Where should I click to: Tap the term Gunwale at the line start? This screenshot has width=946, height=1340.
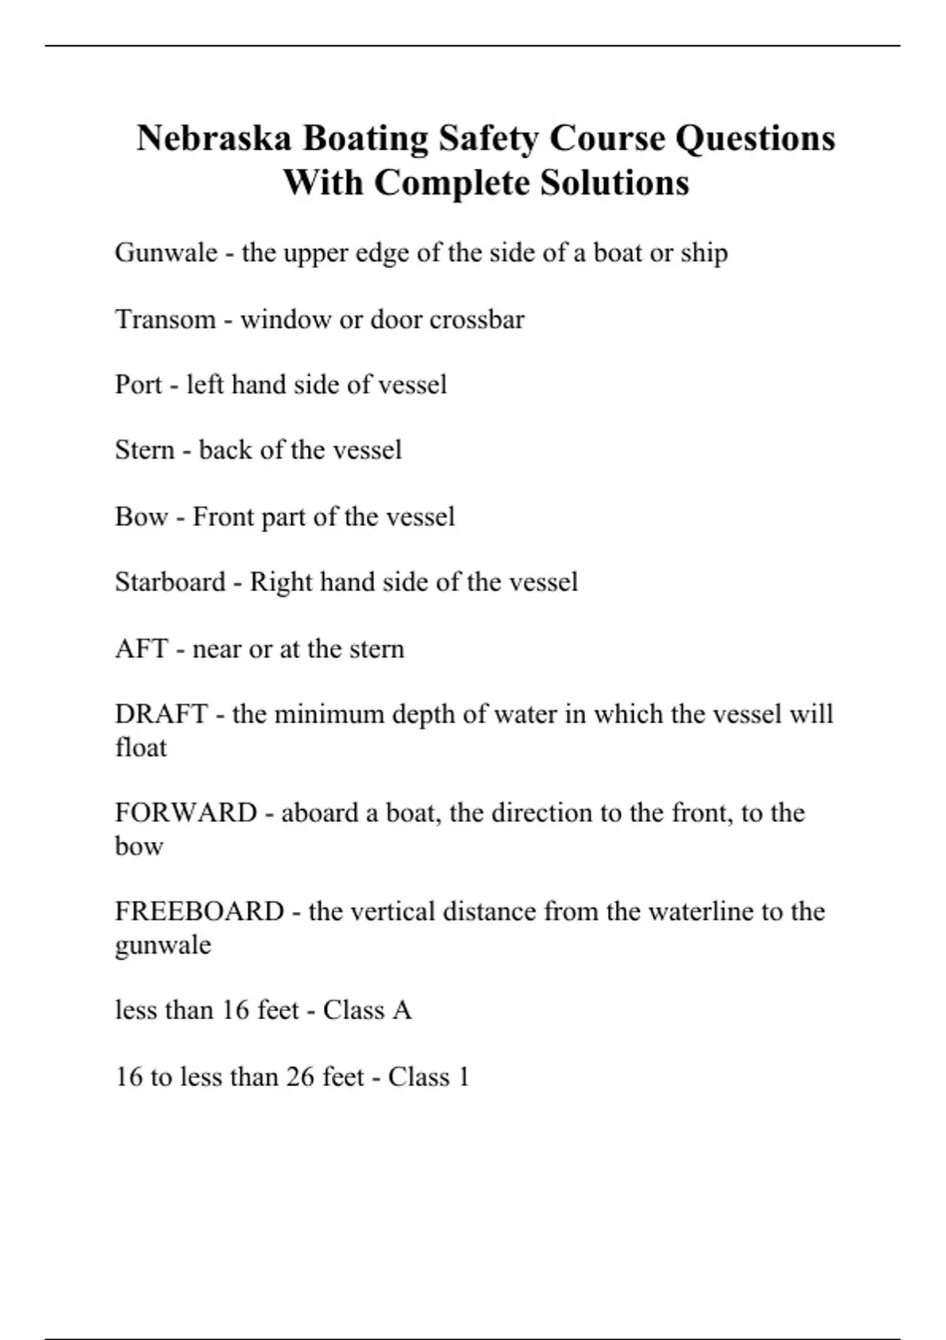click(x=166, y=253)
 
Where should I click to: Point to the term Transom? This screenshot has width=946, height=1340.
click(x=165, y=319)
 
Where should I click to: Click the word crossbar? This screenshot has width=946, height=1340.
click(x=477, y=319)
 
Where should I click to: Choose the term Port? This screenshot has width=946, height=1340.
click(x=138, y=385)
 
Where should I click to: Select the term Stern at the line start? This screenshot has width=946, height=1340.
click(x=144, y=450)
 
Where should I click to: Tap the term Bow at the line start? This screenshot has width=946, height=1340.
click(x=141, y=517)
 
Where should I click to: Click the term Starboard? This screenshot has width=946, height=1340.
click(x=170, y=583)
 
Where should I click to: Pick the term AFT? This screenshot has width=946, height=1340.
click(x=142, y=649)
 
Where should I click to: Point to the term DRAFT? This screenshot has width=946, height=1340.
click(x=161, y=714)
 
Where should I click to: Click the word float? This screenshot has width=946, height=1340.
click(x=140, y=747)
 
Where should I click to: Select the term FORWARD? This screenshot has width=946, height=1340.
click(x=186, y=813)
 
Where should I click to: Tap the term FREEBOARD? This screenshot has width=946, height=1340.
click(x=199, y=911)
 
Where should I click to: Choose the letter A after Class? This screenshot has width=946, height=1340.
click(x=402, y=1011)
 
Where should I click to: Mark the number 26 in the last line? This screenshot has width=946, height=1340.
click(x=300, y=1077)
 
